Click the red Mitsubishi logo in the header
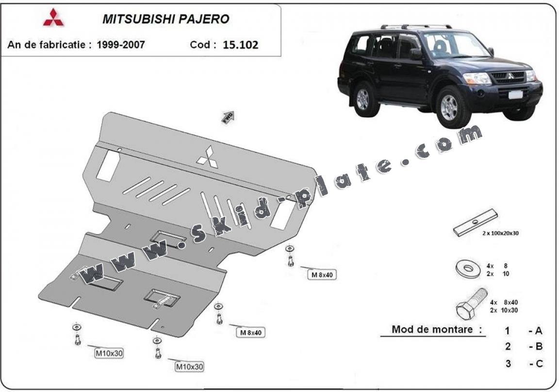click(x=53, y=17)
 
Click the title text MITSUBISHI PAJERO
click(x=165, y=19)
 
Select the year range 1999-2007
click(x=120, y=45)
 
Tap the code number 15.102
click(x=240, y=45)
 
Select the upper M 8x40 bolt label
click(x=322, y=275)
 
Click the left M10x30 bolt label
click(x=109, y=354)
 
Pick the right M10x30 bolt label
click(x=189, y=367)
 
